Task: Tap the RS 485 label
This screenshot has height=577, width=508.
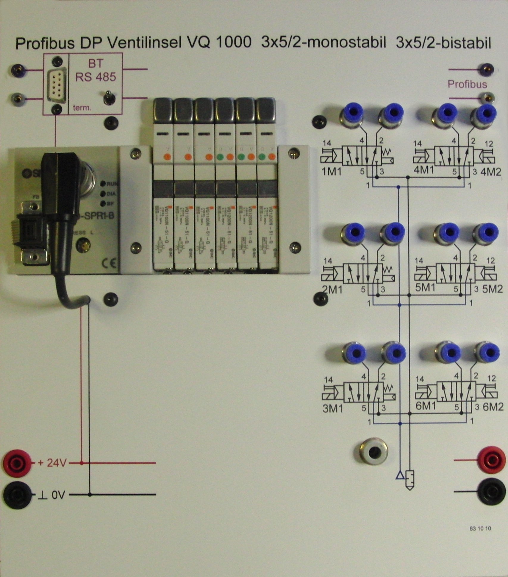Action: click(x=95, y=77)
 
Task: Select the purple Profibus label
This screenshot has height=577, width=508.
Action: click(x=467, y=84)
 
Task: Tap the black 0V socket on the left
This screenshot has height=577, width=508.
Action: click(x=17, y=495)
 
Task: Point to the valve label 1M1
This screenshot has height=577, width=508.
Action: click(x=332, y=172)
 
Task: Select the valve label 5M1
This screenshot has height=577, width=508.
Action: click(x=425, y=288)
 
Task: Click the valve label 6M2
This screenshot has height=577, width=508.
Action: click(x=493, y=407)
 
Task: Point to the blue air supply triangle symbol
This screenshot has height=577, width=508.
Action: click(x=400, y=476)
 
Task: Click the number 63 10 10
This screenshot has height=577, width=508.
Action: click(x=480, y=529)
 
